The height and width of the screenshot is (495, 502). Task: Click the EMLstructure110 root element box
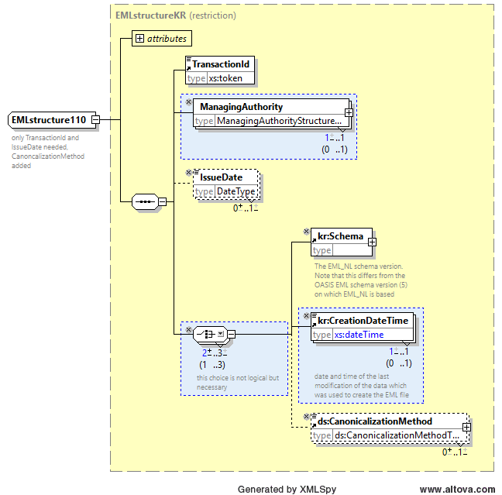[52, 120]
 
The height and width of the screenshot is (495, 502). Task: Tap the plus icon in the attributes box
[139, 39]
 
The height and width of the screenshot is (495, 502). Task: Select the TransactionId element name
[221, 64]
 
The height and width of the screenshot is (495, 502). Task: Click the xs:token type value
[225, 78]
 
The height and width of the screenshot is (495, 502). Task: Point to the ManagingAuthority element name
[242, 107]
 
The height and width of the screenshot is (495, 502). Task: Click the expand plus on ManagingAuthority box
[349, 112]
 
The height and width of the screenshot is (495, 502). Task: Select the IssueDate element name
[222, 177]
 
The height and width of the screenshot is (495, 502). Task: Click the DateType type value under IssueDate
[236, 191]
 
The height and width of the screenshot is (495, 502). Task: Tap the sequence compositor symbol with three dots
[145, 201]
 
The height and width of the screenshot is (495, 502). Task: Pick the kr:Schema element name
[340, 236]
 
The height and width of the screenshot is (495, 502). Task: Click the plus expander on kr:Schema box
[372, 242]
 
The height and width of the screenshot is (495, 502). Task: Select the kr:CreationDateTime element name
[363, 321]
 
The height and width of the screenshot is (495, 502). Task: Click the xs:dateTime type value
[359, 335]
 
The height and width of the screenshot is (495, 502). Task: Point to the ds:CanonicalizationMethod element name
[375, 421]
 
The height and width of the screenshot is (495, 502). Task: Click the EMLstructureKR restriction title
[175, 15]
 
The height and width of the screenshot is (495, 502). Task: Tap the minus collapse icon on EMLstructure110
[96, 120]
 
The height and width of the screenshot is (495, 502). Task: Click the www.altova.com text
[458, 490]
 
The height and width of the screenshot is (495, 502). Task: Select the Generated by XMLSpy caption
[287, 490]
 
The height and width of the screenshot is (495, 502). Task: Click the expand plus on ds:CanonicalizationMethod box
[466, 427]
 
